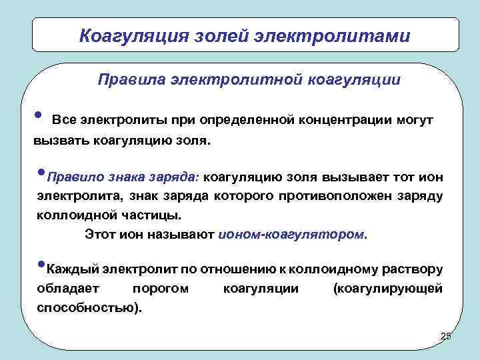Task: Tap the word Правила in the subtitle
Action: pos(128,80)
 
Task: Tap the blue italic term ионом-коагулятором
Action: pos(291,235)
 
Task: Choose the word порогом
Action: pos(161,289)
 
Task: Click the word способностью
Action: pos(85,308)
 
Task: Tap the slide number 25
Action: pos(446,336)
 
